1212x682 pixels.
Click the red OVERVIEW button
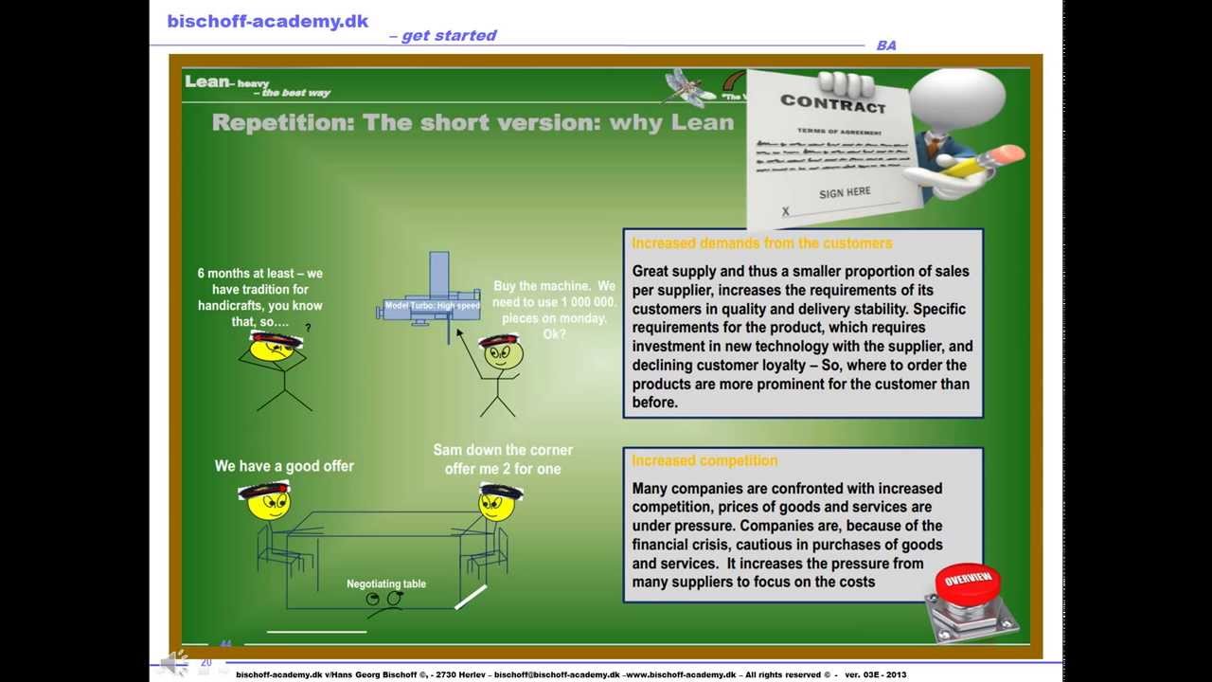tap(967, 581)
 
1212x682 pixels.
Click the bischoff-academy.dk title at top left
tap(268, 21)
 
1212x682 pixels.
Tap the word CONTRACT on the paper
tap(833, 102)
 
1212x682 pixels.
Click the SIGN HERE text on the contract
tap(845, 192)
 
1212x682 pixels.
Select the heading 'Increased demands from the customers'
tap(761, 243)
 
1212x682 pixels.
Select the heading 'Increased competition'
tap(704, 460)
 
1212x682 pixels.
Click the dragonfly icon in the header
tap(688, 85)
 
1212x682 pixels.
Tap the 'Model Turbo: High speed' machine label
tap(432, 306)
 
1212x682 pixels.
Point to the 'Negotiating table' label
tap(386, 583)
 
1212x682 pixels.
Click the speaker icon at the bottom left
tap(174, 663)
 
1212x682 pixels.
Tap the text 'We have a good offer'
tap(284, 466)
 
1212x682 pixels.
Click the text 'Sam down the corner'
tap(503, 450)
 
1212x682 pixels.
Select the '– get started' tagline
tap(443, 36)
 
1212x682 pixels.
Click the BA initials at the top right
tap(886, 45)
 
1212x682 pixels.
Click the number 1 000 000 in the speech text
tap(580, 302)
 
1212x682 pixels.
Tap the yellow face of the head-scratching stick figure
tap(273, 349)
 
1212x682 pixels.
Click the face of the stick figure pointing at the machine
tap(502, 354)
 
